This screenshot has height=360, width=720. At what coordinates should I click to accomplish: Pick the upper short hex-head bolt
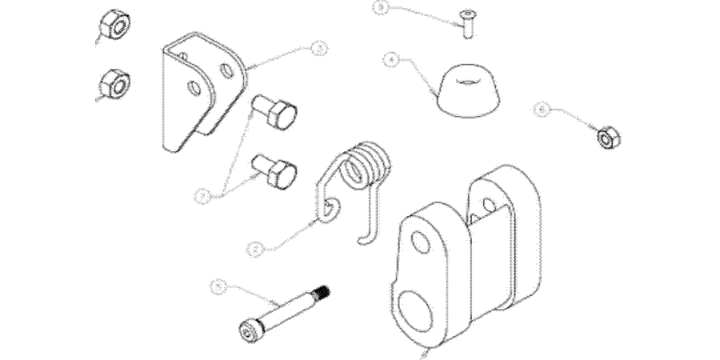[275, 114]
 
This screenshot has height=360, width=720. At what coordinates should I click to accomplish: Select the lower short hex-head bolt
[275, 170]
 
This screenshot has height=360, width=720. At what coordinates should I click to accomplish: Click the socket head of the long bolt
[249, 330]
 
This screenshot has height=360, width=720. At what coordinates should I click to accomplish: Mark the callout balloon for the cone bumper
[390, 58]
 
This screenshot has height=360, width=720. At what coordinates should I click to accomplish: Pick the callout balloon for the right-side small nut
[542, 110]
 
